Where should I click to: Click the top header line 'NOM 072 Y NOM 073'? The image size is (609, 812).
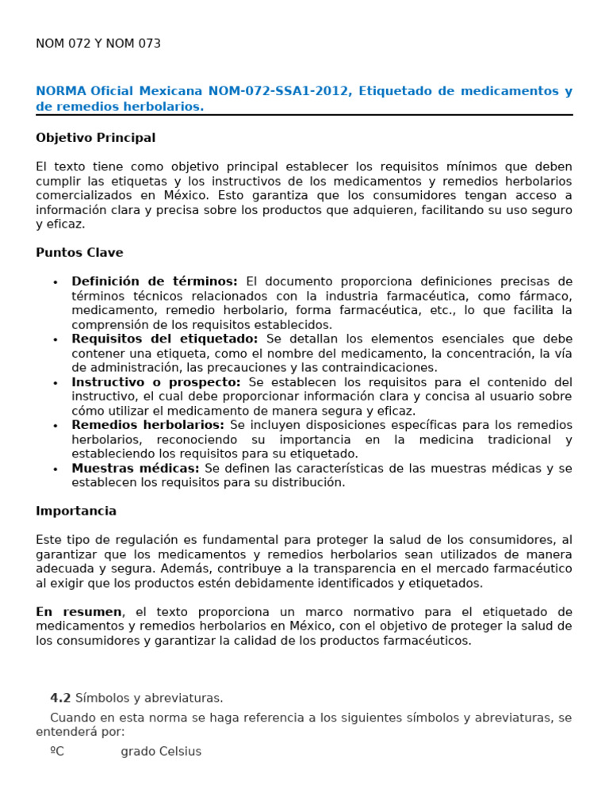[x=98, y=44]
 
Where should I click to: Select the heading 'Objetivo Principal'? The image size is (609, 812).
[x=95, y=138]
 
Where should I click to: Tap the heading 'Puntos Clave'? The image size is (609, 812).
[x=79, y=253]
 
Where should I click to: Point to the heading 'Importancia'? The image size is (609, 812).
[x=76, y=511]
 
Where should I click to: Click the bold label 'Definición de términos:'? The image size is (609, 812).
[x=155, y=282]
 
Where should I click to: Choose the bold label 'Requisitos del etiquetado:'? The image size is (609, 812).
[x=165, y=339]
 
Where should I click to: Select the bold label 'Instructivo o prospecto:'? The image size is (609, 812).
[x=156, y=382]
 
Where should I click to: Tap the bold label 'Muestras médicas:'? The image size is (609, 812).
[x=136, y=469]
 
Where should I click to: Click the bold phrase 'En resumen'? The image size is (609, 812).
[x=79, y=612]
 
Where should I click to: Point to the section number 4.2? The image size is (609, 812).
[x=60, y=699]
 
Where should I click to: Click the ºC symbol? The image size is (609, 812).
[x=56, y=752]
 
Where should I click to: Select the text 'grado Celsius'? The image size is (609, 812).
[x=161, y=752]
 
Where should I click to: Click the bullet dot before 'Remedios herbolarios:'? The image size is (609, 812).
[x=55, y=426]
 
